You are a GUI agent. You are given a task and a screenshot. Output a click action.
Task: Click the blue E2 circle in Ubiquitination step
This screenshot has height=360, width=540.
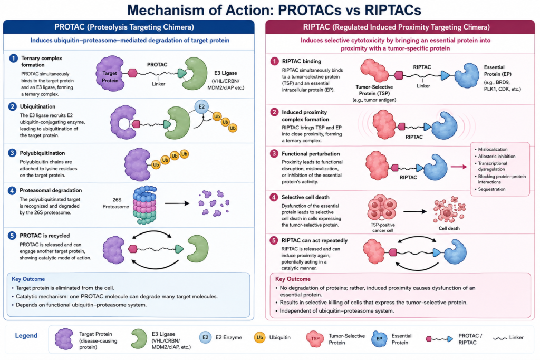click(x=201, y=107)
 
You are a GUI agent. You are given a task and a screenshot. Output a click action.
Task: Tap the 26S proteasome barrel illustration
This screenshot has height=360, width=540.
click(x=144, y=205)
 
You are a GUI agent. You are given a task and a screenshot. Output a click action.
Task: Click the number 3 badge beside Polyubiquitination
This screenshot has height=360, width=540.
click(x=13, y=153)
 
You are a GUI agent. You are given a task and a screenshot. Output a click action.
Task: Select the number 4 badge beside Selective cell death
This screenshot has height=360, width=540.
click(x=274, y=197)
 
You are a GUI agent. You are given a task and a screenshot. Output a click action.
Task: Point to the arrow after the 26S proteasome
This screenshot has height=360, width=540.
click(x=177, y=203)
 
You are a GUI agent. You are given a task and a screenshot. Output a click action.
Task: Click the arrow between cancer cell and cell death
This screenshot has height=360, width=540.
click(x=415, y=211)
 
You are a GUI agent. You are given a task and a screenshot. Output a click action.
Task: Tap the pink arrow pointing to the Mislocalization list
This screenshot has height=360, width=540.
click(x=459, y=167)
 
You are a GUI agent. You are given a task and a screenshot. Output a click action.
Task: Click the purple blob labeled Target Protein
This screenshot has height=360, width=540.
click(x=110, y=73)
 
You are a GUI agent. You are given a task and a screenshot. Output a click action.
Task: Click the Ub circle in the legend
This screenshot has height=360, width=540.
click(x=259, y=338)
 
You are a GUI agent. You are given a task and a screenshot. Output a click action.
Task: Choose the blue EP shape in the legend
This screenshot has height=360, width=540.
click(x=379, y=339)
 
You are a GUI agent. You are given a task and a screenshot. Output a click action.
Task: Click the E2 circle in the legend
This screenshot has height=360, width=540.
click(x=205, y=338)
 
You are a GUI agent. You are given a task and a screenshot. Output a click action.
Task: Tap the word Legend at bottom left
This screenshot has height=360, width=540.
click(x=26, y=336)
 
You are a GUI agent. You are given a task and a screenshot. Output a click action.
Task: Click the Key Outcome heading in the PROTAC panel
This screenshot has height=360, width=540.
click(x=28, y=279)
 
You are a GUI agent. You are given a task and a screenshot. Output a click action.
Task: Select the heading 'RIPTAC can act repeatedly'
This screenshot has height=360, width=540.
click(x=314, y=240)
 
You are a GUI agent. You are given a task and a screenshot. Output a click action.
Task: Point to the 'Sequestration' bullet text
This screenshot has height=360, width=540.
click(x=491, y=189)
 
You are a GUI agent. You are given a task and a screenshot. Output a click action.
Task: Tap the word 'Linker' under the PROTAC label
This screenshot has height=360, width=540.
click(x=158, y=84)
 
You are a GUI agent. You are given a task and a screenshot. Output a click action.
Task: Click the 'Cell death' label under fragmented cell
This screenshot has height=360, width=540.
click(x=449, y=228)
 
